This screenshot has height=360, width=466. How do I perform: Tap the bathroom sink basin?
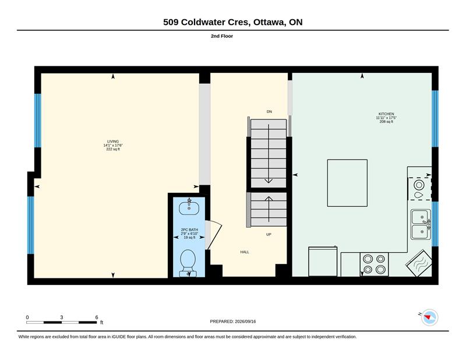click(189, 208)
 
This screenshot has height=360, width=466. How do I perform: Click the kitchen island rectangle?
click(347, 183)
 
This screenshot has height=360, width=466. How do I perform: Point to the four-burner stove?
click(374, 264)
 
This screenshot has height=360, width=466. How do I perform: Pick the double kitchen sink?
click(421, 224)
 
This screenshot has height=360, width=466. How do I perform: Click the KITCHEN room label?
click(386, 114)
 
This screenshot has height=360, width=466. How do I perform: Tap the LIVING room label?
click(113, 142)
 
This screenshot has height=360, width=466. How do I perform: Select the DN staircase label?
click(269, 112)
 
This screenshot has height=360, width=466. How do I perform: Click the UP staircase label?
click(269, 235)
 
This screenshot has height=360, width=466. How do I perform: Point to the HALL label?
click(245, 252)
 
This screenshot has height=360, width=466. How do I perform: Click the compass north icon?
click(429, 317)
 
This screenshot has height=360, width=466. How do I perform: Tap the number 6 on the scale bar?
click(96, 317)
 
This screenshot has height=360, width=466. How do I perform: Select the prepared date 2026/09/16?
click(245, 322)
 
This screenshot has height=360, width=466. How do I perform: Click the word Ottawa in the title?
click(269, 22)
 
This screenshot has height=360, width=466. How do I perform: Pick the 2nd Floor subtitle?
click(222, 36)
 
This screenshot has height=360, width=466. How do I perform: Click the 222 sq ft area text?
click(113, 149)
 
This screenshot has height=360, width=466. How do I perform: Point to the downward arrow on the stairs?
click(269, 154)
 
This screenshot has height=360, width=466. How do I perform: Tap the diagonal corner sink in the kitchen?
click(419, 263)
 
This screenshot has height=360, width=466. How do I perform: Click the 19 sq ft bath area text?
click(189, 238)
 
